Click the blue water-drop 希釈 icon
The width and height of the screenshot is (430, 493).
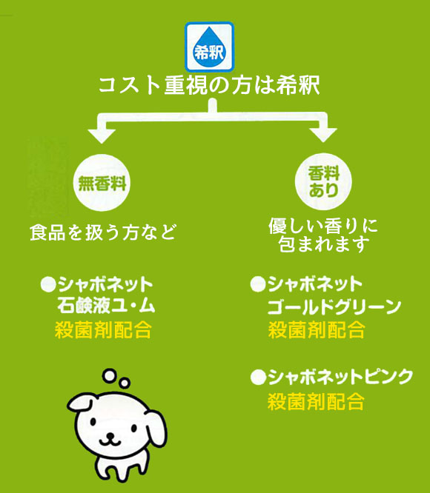tap(209, 47)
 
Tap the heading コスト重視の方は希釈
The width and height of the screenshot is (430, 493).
tap(209, 86)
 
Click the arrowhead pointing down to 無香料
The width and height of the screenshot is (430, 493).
tap(102, 135)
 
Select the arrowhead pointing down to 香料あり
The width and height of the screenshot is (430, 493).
tap(323, 135)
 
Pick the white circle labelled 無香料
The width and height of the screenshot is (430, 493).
tap(102, 183)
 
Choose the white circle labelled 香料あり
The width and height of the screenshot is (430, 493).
tap(323, 181)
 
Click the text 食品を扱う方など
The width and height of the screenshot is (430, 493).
tap(102, 232)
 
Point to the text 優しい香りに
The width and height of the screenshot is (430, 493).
tap(323, 226)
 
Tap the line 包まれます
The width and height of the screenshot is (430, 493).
tap(324, 244)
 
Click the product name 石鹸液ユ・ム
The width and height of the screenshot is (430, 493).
tap(107, 305)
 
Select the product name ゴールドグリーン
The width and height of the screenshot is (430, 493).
tap(334, 306)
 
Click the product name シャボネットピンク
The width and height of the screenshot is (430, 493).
tap(340, 377)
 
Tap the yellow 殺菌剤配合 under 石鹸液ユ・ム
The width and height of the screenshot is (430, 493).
tap(103, 330)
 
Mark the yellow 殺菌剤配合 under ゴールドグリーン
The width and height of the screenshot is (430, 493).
tap(317, 330)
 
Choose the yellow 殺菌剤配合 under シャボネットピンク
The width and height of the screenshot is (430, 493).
tap(316, 401)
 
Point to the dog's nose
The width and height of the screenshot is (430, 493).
tap(110, 435)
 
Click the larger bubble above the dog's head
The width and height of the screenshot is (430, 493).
tap(110, 376)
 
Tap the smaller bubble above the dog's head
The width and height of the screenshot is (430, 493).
tap(125, 383)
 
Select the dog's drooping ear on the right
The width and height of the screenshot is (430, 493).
tap(156, 429)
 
